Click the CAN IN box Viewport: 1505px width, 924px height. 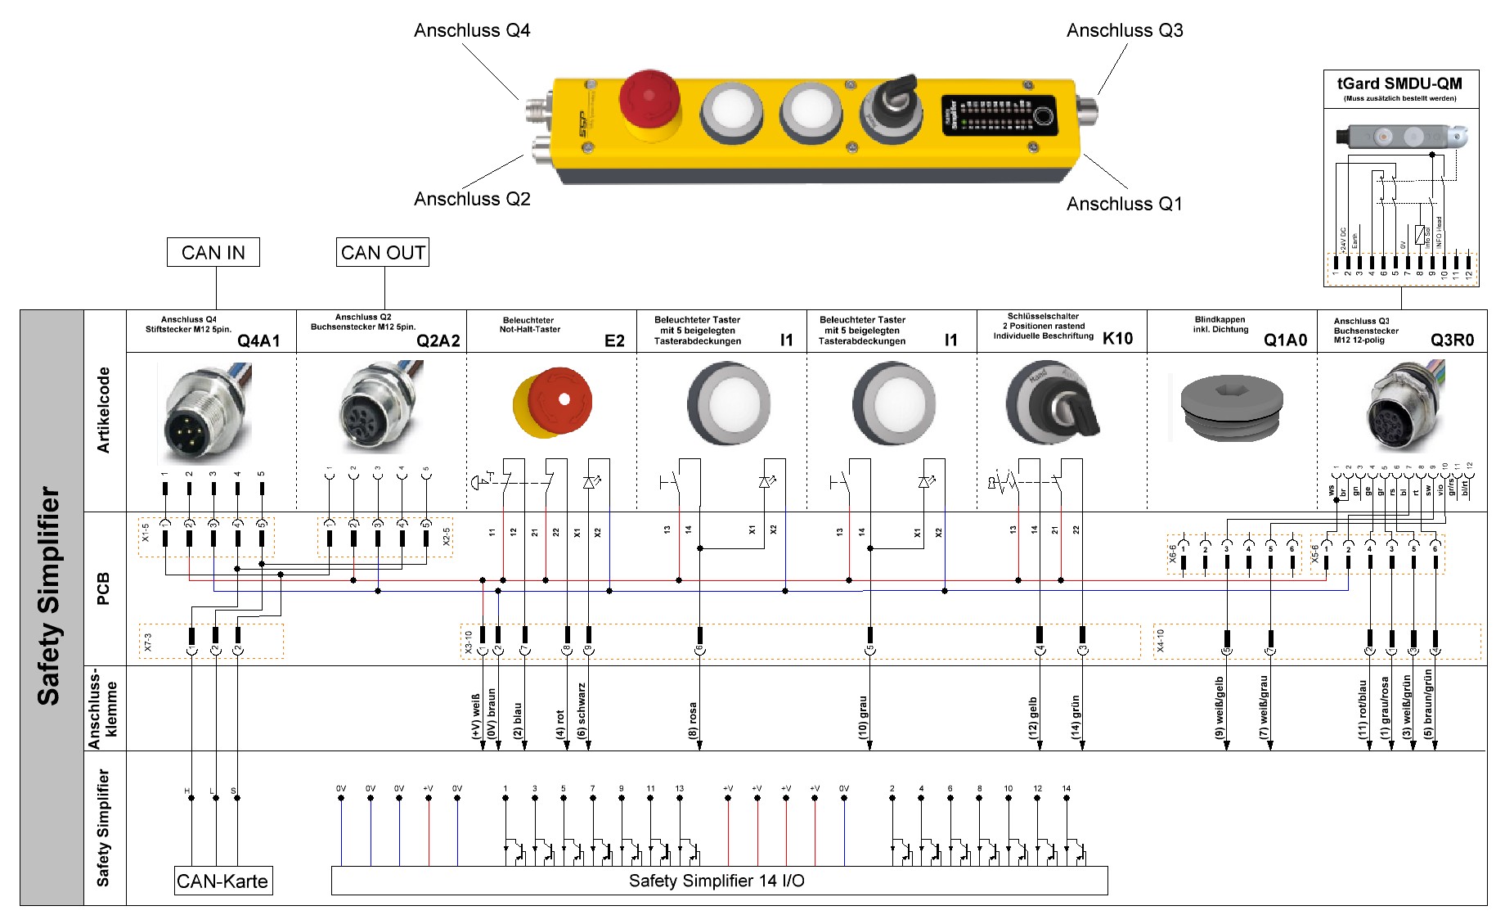[x=213, y=253]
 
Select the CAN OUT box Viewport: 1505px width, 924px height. [x=383, y=253]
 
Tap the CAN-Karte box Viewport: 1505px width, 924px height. [x=222, y=881]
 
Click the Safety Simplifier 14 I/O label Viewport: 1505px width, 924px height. [x=717, y=881]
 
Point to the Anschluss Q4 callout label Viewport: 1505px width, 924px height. [x=472, y=31]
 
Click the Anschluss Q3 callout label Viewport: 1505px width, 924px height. [x=1125, y=31]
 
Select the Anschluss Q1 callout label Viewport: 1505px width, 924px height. [x=1124, y=204]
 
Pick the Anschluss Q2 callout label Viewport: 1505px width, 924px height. [x=472, y=199]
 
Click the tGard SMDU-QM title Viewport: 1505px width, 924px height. [x=1399, y=83]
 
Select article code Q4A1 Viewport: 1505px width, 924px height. [x=258, y=341]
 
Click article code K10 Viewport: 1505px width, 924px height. [x=1117, y=339]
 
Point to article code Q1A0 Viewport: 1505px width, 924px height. [x=1285, y=340]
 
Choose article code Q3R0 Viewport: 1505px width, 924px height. [x=1452, y=340]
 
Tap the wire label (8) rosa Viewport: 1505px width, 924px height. [x=693, y=720]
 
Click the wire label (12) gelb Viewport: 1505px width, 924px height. [x=1033, y=718]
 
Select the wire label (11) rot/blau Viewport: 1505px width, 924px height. [x=1363, y=710]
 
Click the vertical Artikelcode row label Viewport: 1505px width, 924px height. [x=104, y=410]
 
